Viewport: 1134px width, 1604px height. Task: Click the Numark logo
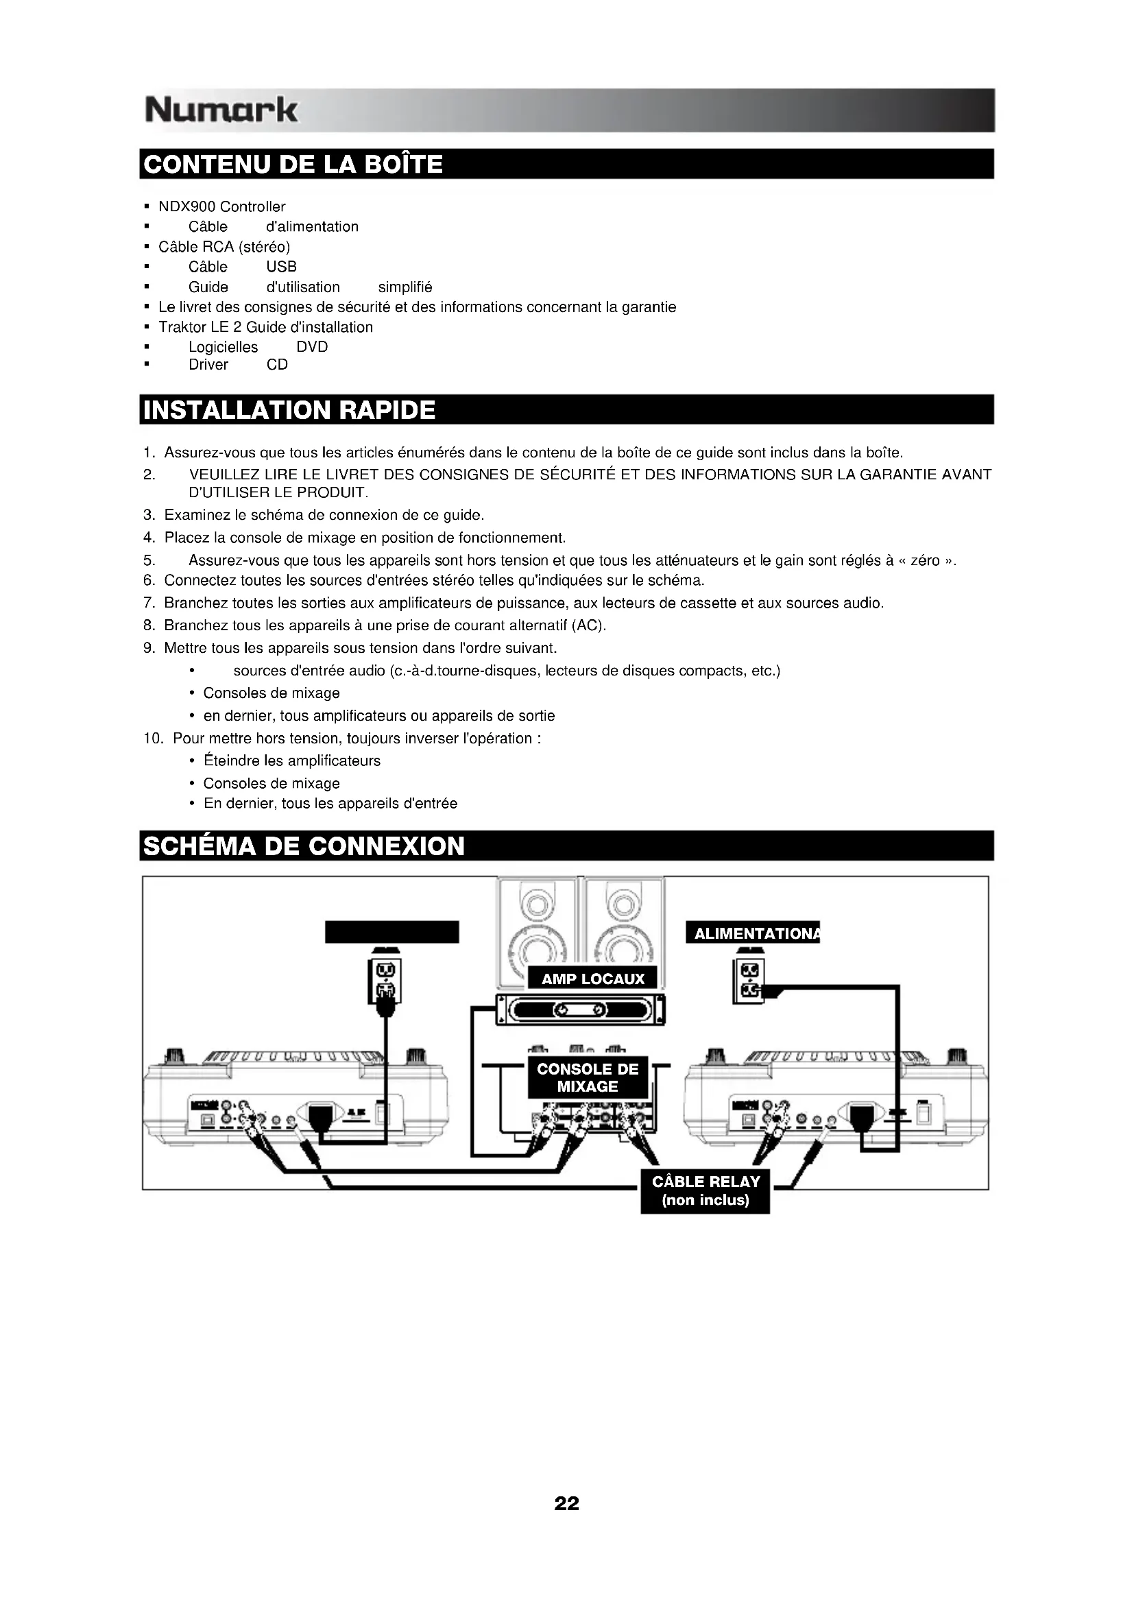click(x=221, y=110)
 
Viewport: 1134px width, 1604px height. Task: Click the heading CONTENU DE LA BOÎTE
click(x=293, y=164)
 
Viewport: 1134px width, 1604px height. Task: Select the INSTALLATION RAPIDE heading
click(x=289, y=409)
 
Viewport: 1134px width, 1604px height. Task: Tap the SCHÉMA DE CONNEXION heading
click(x=304, y=846)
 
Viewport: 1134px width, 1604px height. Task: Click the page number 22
click(x=566, y=1503)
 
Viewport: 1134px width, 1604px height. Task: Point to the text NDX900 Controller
click(x=222, y=207)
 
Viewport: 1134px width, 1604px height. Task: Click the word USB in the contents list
click(x=281, y=267)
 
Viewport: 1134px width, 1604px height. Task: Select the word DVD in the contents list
click(x=312, y=347)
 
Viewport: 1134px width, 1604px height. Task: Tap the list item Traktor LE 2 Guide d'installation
click(x=265, y=327)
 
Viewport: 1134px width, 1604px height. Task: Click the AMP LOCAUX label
click(x=593, y=979)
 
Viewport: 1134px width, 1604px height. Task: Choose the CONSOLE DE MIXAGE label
click(x=588, y=1077)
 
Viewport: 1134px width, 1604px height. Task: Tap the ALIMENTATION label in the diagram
click(x=752, y=933)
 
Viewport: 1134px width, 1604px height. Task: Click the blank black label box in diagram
click(x=391, y=932)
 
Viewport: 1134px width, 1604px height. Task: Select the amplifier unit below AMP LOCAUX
click(x=579, y=1010)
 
